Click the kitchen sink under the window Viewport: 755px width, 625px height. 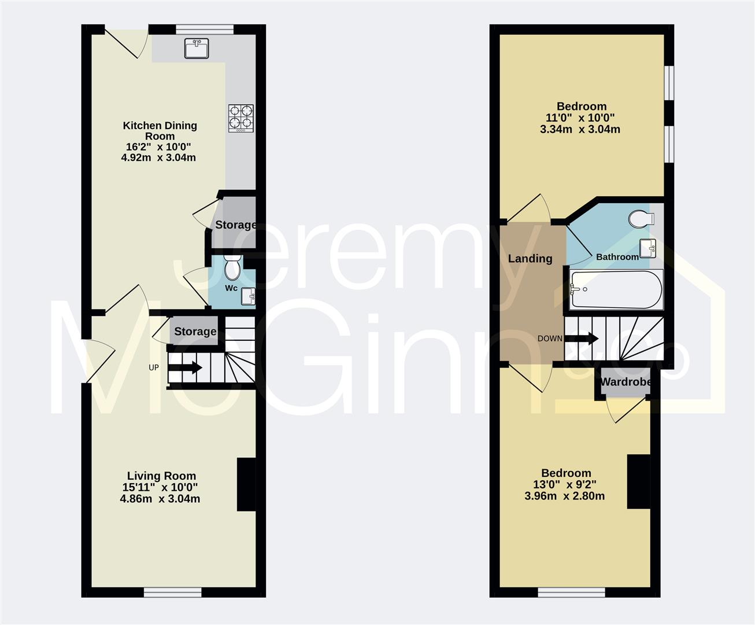[197, 49]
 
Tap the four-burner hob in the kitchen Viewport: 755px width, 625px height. [241, 118]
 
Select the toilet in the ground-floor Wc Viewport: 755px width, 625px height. [232, 267]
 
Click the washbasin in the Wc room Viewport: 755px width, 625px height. [247, 296]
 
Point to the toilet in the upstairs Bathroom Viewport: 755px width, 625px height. [641, 219]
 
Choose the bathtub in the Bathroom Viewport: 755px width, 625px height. [616, 289]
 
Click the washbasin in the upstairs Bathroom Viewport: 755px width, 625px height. [647, 248]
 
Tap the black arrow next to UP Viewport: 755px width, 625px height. [185, 367]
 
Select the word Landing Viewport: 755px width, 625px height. [530, 259]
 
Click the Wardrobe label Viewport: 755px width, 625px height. [625, 382]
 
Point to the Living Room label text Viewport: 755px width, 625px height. [161, 476]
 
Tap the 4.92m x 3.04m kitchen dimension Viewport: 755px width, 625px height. [158, 157]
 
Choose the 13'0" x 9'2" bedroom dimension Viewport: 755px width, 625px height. [564, 484]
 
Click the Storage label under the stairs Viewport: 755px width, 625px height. [195, 331]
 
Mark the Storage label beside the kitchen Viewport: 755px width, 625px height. [235, 225]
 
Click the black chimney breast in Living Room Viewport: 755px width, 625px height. [246, 484]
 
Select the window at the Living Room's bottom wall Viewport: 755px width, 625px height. [172, 593]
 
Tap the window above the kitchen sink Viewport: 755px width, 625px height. [205, 29]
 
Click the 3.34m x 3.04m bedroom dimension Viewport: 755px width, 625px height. [580, 129]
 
